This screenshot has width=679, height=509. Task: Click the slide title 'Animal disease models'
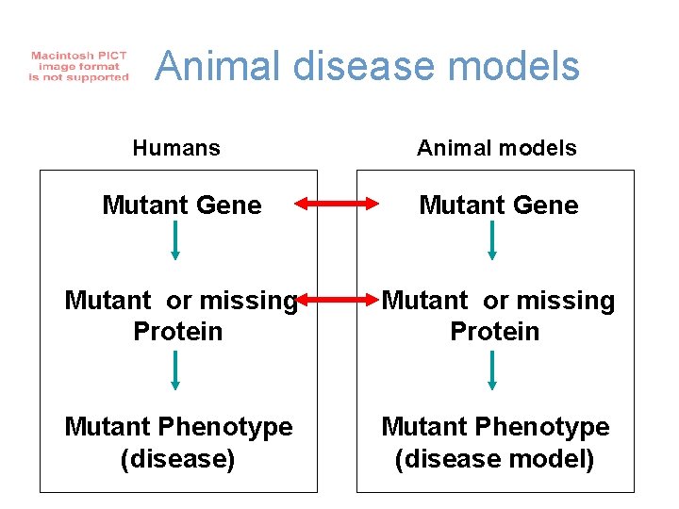point(367,67)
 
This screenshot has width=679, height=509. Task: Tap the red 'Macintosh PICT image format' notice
point(78,67)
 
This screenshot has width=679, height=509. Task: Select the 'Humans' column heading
point(176,148)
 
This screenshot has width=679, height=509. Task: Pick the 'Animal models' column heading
point(497,148)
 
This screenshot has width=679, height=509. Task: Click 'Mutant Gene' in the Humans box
point(181,205)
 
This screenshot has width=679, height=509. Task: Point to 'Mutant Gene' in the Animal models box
point(498,205)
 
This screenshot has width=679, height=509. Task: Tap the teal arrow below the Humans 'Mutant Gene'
point(175,242)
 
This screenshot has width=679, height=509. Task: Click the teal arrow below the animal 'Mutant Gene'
point(492,242)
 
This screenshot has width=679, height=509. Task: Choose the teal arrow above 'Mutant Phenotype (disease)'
point(175,371)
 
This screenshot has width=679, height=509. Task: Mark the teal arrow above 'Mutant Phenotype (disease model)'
point(492,371)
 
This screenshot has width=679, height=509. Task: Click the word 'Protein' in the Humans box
point(178,332)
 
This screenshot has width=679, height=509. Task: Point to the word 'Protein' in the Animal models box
point(495,332)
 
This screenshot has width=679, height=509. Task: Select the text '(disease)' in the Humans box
point(178,459)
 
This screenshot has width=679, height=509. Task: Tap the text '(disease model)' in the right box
point(495,459)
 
